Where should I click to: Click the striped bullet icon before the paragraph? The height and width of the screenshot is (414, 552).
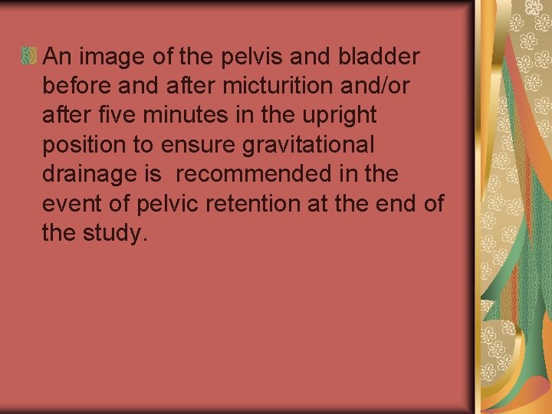[x=30, y=56]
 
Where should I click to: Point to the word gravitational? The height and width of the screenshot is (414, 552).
[x=317, y=145]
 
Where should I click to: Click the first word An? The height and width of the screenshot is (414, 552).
[x=57, y=57]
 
